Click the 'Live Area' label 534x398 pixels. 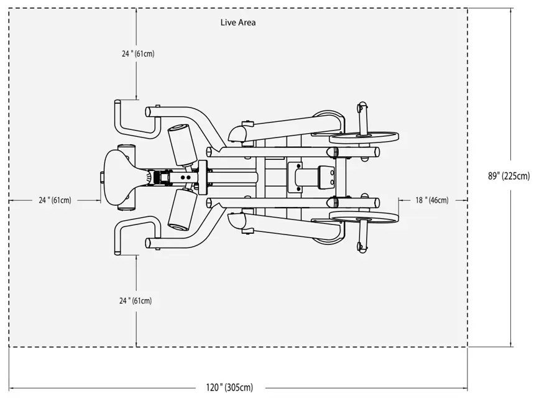click(237, 22)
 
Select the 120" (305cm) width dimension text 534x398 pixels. click(229, 387)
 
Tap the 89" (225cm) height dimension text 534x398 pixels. click(509, 176)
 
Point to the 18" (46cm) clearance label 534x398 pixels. click(432, 200)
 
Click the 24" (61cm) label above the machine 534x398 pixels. click(138, 53)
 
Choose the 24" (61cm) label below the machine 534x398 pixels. click(136, 300)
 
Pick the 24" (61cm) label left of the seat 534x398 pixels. click(55, 200)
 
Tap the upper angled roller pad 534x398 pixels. click(183, 145)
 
